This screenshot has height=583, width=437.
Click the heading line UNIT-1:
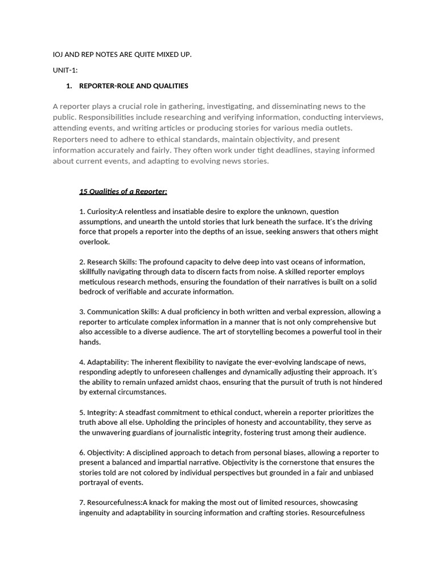pos(65,70)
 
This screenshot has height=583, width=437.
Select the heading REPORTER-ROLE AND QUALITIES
pos(133,86)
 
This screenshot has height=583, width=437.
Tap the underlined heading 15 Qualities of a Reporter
pos(123,191)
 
